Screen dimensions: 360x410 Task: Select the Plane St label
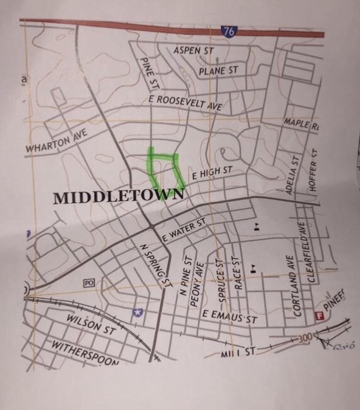218,71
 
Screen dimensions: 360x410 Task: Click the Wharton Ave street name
56,142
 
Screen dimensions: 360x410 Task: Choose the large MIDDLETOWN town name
118,197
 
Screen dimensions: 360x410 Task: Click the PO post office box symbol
88,283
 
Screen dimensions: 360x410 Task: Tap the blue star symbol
137,312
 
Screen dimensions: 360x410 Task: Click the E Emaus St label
230,316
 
